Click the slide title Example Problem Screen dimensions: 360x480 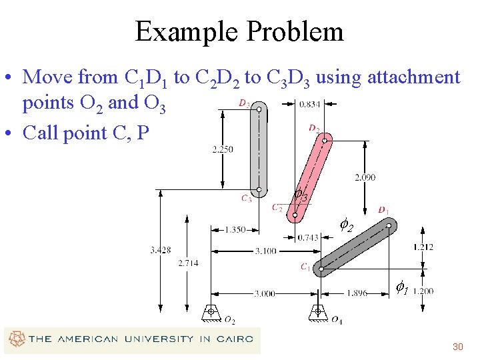point(239,31)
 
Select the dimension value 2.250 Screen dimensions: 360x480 point(223,149)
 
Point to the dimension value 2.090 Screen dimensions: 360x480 point(365,177)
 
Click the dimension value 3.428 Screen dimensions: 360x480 point(160,250)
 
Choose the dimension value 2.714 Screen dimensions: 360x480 point(188,263)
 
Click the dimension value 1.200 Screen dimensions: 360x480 point(423,291)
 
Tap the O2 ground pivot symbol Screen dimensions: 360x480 point(211,312)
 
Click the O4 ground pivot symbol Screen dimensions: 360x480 point(318,312)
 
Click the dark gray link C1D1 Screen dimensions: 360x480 point(355,248)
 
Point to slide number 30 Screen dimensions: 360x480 point(457,347)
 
